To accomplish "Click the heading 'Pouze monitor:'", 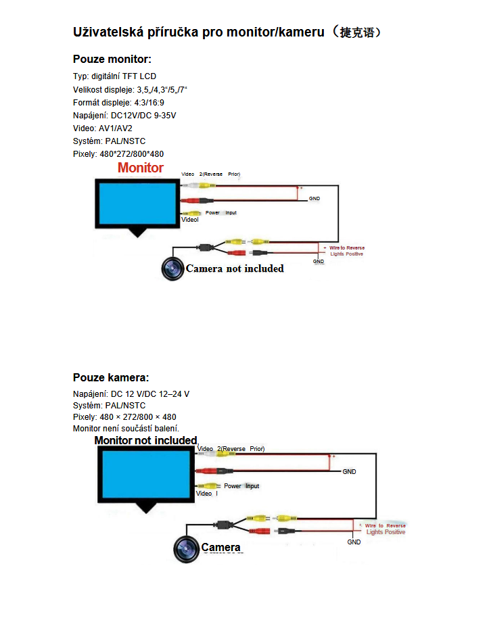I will tap(112, 60).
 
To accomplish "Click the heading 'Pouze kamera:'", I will tap(111, 377).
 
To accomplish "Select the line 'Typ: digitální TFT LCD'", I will tap(114, 76).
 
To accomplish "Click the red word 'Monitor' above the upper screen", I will tap(141, 168).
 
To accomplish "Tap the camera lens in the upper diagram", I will tap(172, 268).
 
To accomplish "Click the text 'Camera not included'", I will tap(235, 268).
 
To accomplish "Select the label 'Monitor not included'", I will tap(145, 440).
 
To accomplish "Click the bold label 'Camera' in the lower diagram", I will tap(221, 547).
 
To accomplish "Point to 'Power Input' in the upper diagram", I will tap(221, 213).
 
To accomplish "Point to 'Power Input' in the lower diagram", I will tap(241, 486).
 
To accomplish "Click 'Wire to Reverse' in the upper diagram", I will tap(347, 248).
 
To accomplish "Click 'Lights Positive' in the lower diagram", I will tap(386, 532).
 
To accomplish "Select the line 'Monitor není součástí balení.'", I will tap(126, 429).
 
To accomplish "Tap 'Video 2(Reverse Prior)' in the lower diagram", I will tap(231, 449).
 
